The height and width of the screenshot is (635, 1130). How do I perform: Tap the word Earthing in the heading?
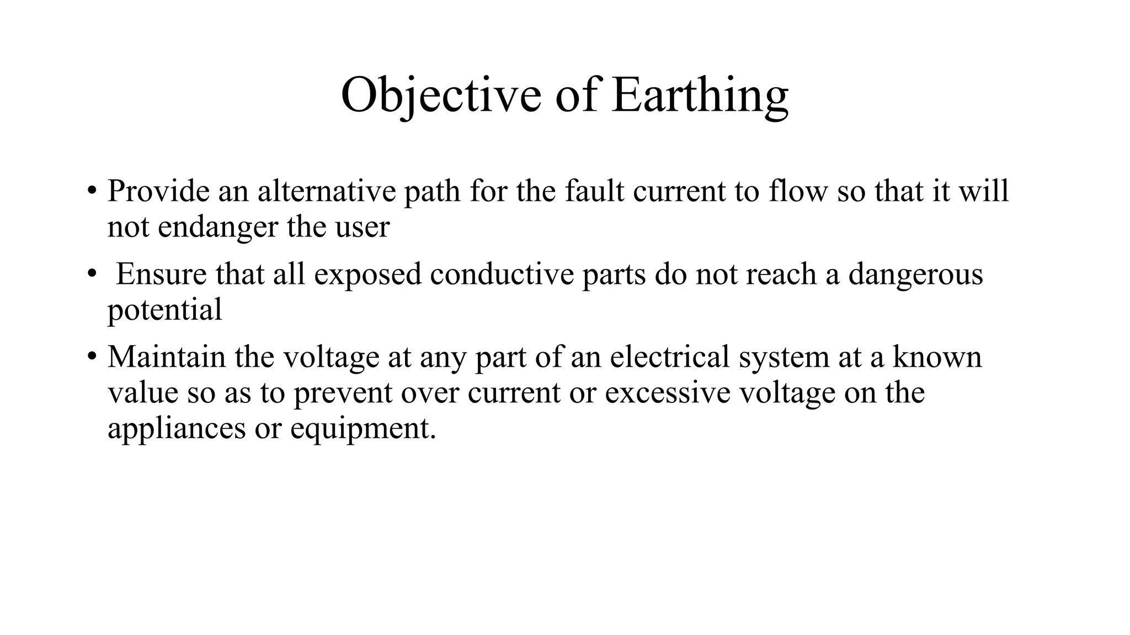click(x=700, y=95)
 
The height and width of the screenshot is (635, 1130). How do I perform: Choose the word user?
click(x=363, y=227)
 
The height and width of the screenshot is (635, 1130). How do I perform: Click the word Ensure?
click(x=161, y=274)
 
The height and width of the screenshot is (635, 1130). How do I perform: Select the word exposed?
click(x=368, y=274)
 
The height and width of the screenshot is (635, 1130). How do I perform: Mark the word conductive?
click(x=502, y=274)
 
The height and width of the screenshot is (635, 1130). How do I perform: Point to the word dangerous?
click(x=915, y=274)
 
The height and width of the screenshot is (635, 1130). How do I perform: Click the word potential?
click(x=164, y=310)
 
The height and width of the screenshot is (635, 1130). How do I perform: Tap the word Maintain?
click(x=167, y=357)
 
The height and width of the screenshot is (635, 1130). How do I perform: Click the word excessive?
click(x=668, y=392)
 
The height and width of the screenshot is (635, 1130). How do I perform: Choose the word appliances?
click(x=177, y=428)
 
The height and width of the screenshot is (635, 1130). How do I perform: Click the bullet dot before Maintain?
click(x=92, y=357)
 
